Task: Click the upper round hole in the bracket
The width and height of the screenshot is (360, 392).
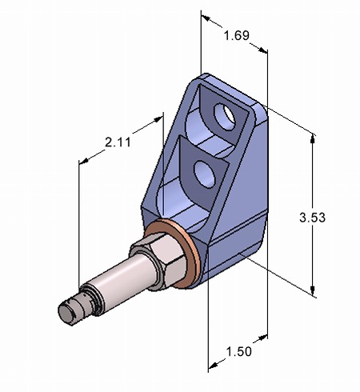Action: point(227,116)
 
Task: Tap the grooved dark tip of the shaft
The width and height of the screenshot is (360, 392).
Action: point(74,308)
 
